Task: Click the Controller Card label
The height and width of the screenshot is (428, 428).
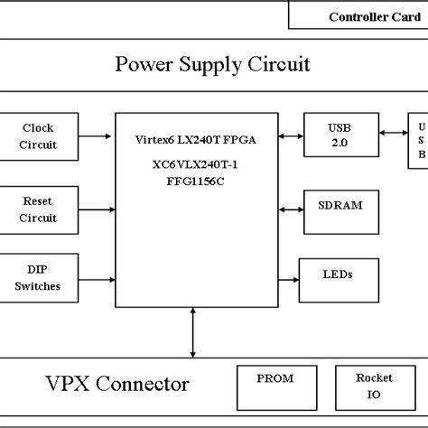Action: tap(372, 16)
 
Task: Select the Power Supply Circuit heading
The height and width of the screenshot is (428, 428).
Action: tap(213, 64)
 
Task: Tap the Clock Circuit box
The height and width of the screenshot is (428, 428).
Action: tap(38, 136)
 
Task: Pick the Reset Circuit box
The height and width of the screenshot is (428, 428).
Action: tap(38, 209)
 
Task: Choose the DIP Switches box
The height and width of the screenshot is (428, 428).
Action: tap(38, 279)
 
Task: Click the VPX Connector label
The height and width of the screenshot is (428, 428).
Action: tap(117, 385)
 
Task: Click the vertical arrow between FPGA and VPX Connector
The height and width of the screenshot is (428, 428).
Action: tap(192, 332)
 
